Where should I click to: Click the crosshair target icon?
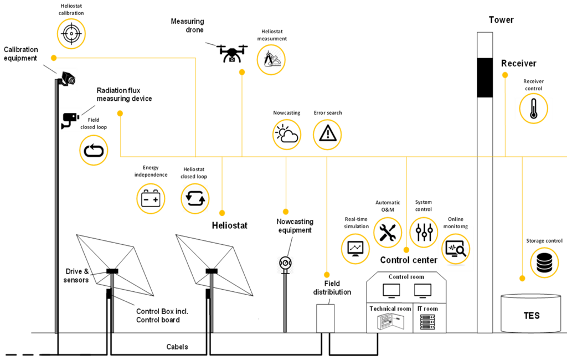point(71,34)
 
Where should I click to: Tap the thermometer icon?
point(533,109)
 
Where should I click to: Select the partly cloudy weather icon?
point(287,135)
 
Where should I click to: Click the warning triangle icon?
point(327,134)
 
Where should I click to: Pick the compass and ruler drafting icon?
point(271,60)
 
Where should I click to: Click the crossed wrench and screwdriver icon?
point(388,232)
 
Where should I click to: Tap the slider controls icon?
point(424,232)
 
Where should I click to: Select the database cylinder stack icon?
point(544,263)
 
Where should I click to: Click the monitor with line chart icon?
point(355,248)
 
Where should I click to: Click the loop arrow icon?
point(94,150)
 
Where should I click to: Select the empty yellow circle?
point(151,198)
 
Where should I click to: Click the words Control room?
point(406,277)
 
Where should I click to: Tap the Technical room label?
point(390,308)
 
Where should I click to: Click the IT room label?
point(427,308)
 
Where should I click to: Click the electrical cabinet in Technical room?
point(388,322)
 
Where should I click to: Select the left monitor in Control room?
point(391,290)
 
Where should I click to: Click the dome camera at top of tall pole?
point(67,79)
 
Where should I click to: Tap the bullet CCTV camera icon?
point(70,119)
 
